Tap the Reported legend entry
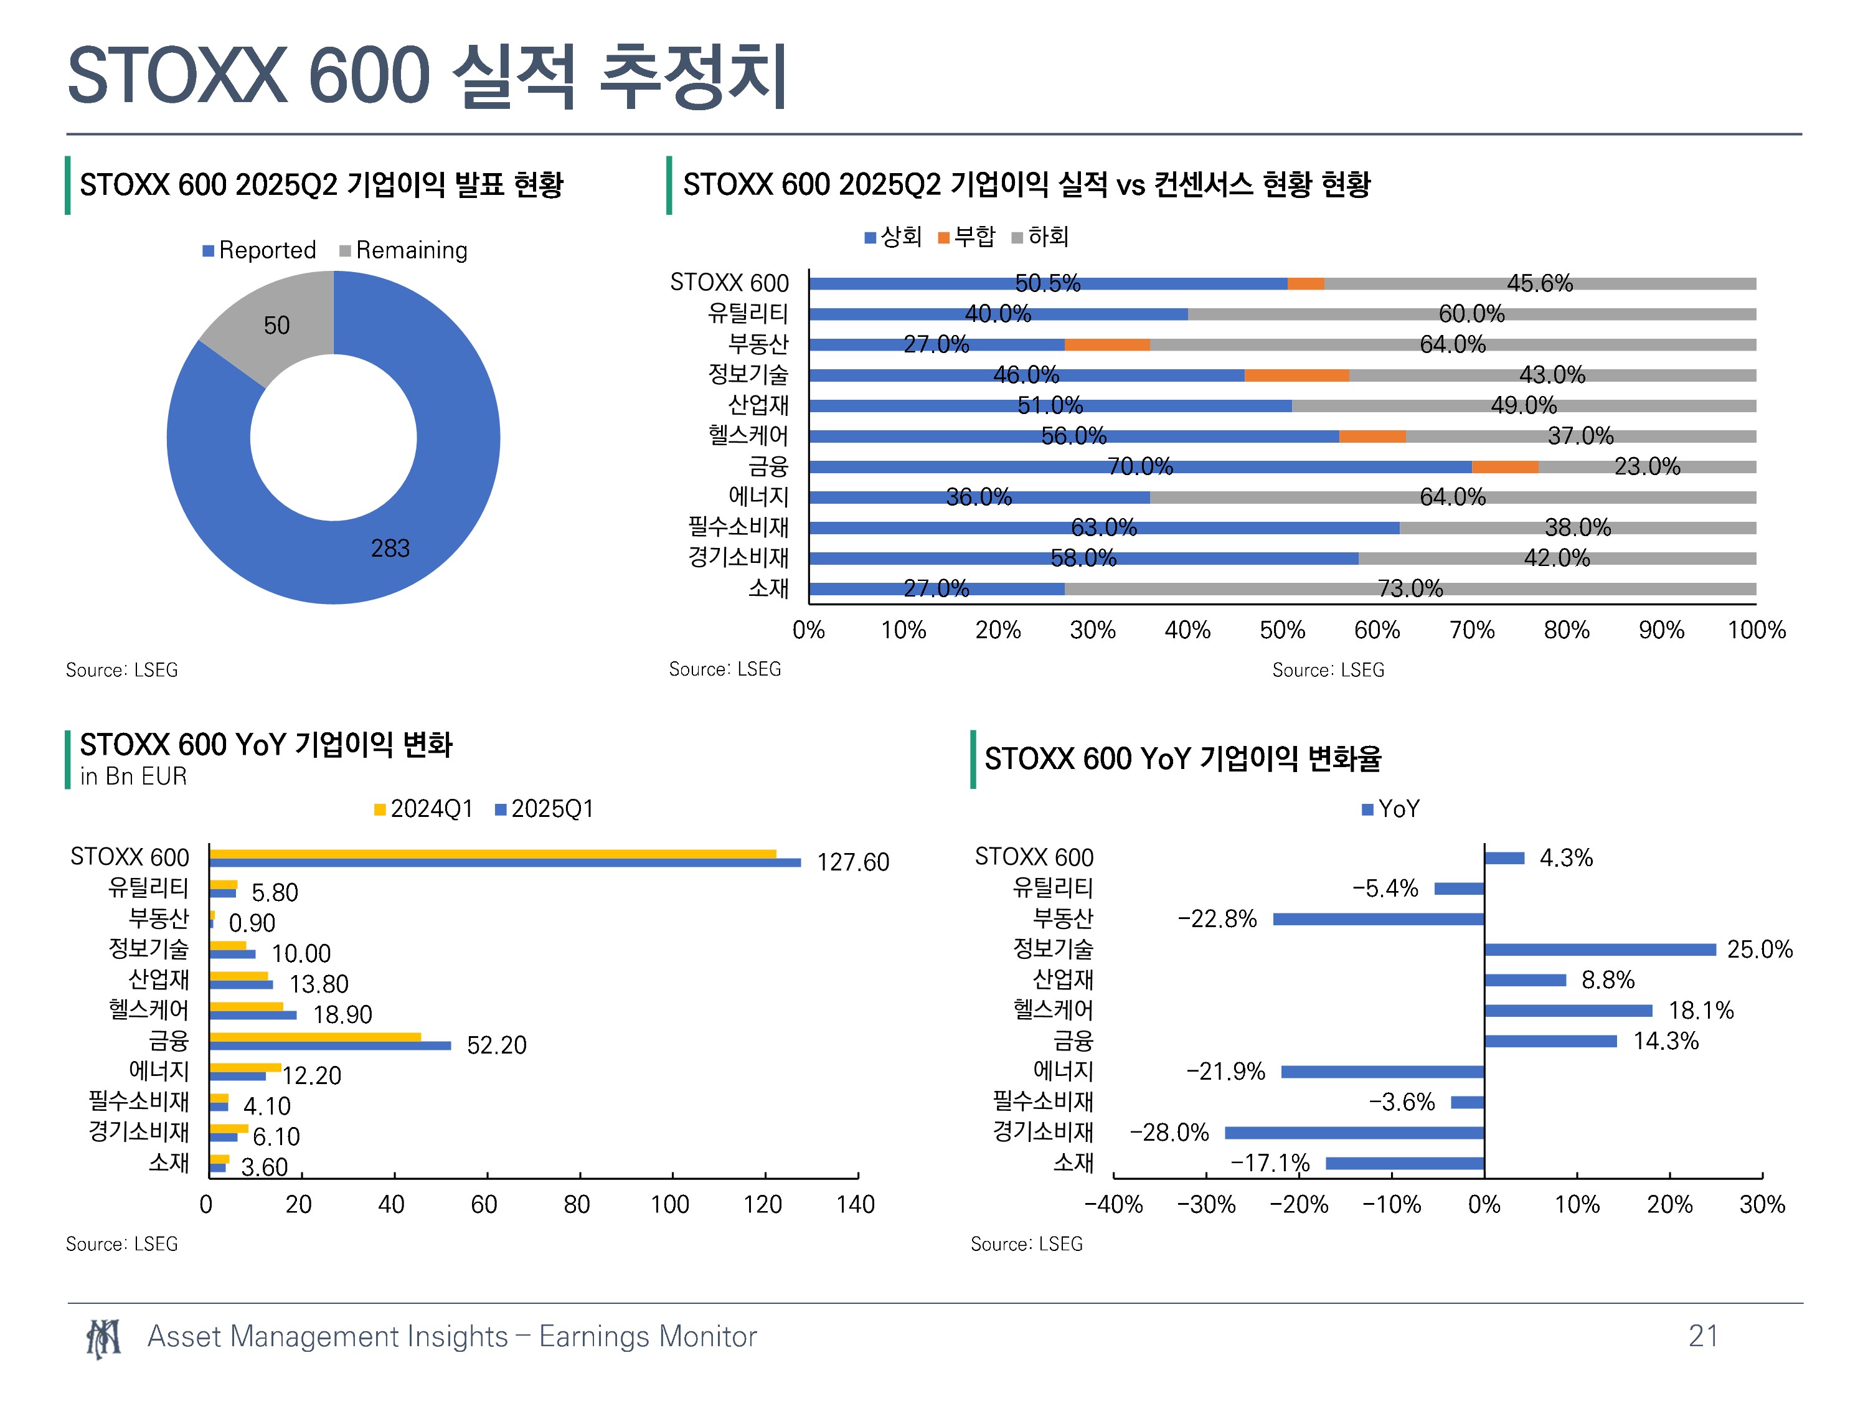click(x=259, y=250)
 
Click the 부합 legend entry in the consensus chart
click(x=967, y=237)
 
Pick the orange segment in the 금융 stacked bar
click(x=1505, y=467)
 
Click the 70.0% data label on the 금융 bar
click(x=1140, y=466)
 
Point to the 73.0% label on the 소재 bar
click(x=1410, y=588)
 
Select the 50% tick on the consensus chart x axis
click(x=1282, y=630)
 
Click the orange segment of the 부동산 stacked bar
click(x=1107, y=344)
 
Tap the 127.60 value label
click(x=853, y=862)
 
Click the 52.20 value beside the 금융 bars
click(x=496, y=1045)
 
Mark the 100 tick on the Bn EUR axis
click(x=671, y=1204)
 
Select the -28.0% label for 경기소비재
click(x=1169, y=1133)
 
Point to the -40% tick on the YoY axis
click(x=1114, y=1204)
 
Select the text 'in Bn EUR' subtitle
click(x=133, y=776)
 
